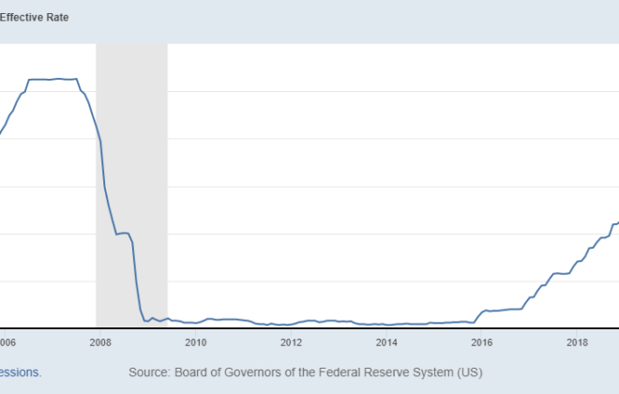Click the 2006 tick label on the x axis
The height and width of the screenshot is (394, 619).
7,342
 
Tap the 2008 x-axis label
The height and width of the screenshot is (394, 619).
100,342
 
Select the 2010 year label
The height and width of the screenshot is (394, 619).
196,342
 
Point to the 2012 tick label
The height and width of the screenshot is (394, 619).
292,342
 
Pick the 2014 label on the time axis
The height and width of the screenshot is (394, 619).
387,342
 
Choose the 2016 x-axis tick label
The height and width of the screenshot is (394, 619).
483,342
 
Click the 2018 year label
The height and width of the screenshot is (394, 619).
579,342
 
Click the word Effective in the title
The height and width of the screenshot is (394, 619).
22,17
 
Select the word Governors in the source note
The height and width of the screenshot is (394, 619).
257,372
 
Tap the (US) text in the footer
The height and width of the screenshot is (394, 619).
468,372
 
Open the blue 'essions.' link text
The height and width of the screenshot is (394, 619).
20,372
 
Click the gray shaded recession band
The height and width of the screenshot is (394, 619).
131,188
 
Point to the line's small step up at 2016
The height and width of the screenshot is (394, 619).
483,311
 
